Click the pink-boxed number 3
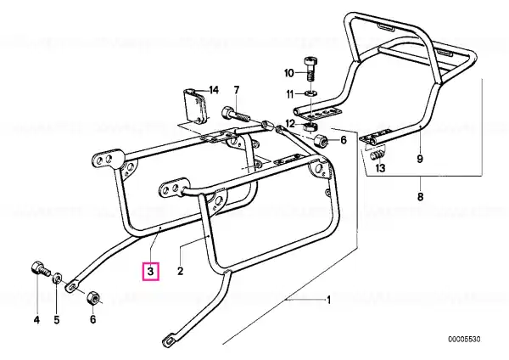coord(149,273)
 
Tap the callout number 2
coord(180,272)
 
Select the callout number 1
coord(329,300)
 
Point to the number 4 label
coord(36,320)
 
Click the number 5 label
coord(58,320)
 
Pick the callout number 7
coord(237,90)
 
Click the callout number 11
coord(289,93)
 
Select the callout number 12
coord(290,123)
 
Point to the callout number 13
coord(380,169)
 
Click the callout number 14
coord(213,90)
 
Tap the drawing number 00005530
coord(468,339)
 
